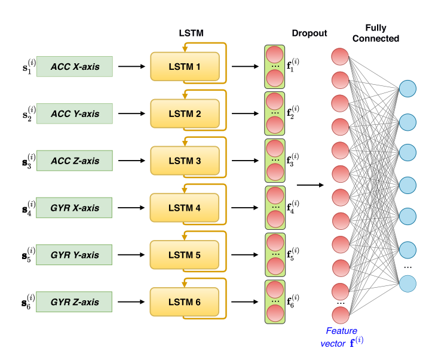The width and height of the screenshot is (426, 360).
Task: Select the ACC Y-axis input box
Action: [x=74, y=113]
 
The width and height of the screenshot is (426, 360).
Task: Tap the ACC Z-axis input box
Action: [x=74, y=161]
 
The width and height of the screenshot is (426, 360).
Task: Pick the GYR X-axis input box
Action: [x=74, y=208]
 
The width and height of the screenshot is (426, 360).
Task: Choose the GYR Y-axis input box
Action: [x=74, y=256]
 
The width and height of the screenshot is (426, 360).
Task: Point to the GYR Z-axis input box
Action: [x=74, y=302]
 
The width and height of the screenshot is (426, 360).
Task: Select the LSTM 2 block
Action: [x=185, y=113]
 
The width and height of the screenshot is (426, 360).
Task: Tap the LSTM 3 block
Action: [x=185, y=161]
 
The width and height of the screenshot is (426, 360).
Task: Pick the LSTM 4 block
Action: [x=185, y=208]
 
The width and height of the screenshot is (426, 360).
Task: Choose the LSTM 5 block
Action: [x=185, y=256]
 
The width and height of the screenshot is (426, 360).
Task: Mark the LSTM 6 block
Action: [x=185, y=302]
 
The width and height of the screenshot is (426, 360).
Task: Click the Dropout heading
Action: [x=309, y=34]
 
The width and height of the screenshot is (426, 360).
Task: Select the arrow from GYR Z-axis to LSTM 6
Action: [x=131, y=302]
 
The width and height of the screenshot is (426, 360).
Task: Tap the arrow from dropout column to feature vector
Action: [x=309, y=184]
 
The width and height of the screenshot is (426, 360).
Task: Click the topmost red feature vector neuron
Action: [x=340, y=56]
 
